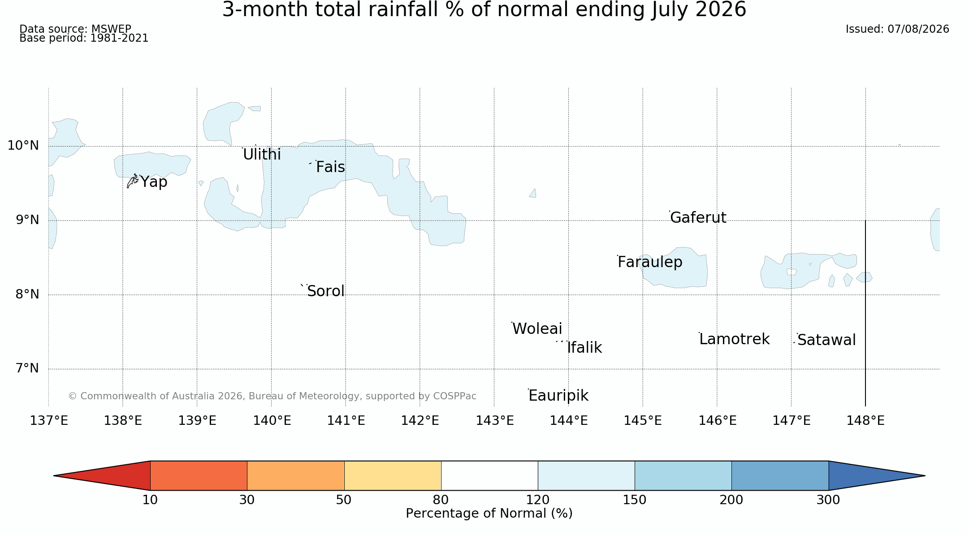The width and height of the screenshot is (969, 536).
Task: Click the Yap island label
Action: [154, 182]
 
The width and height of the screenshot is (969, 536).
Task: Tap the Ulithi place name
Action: [262, 155]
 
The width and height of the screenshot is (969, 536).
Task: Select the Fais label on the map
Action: [330, 167]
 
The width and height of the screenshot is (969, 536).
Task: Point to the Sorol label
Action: [326, 291]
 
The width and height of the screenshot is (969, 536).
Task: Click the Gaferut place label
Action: [698, 217]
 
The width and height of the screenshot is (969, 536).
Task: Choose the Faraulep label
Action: [650, 262]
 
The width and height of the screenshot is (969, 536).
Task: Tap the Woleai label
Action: [537, 329]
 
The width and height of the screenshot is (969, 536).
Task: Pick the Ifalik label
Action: [584, 348]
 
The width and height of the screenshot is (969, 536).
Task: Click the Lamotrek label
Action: [735, 339]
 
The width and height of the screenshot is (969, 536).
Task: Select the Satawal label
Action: [826, 340]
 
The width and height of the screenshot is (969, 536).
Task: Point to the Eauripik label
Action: [558, 396]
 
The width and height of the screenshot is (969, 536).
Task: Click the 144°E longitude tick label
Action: [569, 421]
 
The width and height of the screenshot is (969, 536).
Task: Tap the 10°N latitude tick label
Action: [23, 146]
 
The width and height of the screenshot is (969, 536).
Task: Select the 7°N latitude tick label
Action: [27, 368]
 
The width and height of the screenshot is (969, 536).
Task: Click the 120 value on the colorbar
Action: [538, 500]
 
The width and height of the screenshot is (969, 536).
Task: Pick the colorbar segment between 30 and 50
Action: [296, 475]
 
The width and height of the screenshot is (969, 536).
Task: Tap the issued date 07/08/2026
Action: [918, 29]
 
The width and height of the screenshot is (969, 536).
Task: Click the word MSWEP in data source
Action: [111, 30]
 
